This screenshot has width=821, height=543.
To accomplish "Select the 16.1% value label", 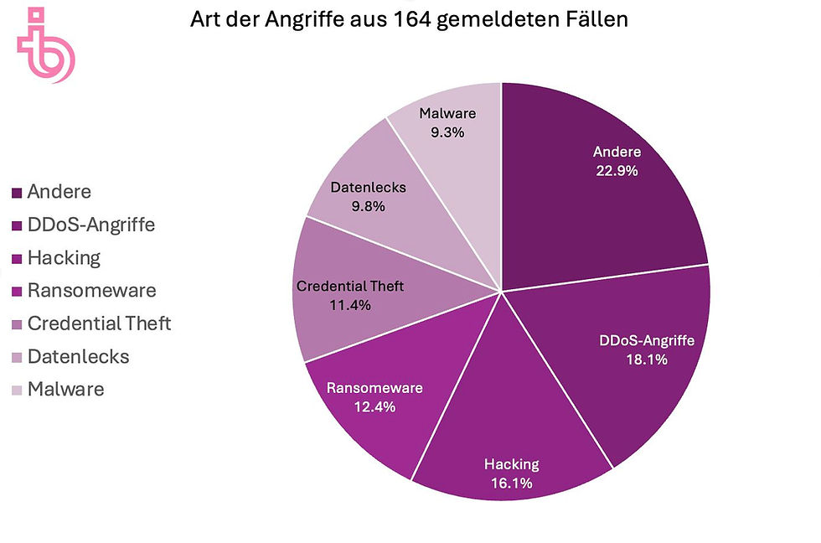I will click(511, 482).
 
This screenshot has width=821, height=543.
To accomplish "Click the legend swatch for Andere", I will click(17, 194).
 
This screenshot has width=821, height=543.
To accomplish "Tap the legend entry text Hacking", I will click(63, 258).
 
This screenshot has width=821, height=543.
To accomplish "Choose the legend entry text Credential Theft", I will click(99, 323).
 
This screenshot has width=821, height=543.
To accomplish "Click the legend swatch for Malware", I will click(17, 390).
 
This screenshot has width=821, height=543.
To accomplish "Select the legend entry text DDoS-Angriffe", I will click(90, 225).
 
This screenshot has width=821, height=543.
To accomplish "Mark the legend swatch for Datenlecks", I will click(17, 357).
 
